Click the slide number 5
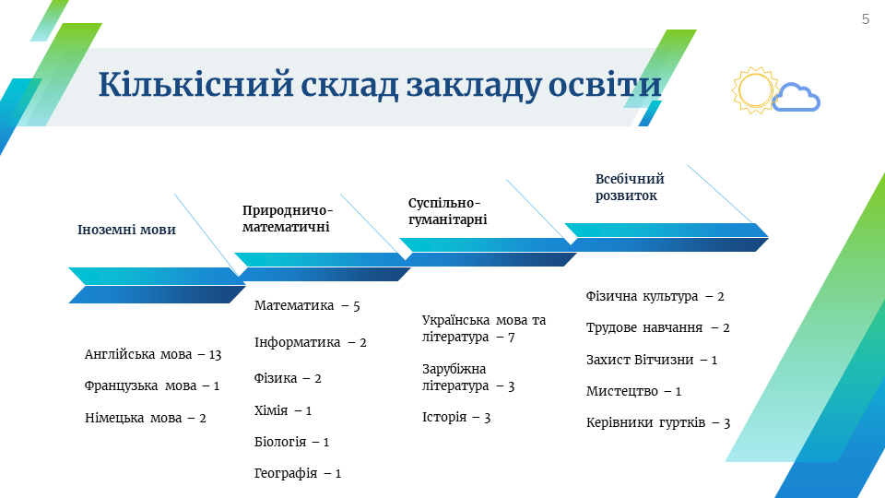tap(866, 19)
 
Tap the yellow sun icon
tap(755, 90)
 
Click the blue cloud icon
tap(796, 97)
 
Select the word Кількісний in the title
tap(195, 85)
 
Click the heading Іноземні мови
tap(126, 230)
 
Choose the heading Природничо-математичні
tap(288, 219)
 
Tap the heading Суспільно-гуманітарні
tap(448, 211)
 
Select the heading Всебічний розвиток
tap(630, 187)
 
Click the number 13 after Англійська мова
tap(215, 355)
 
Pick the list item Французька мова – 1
tap(152, 385)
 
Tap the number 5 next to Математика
tap(356, 306)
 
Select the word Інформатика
tap(298, 342)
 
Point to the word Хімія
tap(271, 409)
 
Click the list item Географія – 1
tap(298, 473)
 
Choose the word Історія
tap(444, 417)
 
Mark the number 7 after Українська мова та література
tap(512, 338)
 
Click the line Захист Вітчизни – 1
tap(652, 360)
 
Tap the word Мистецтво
tap(622, 391)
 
